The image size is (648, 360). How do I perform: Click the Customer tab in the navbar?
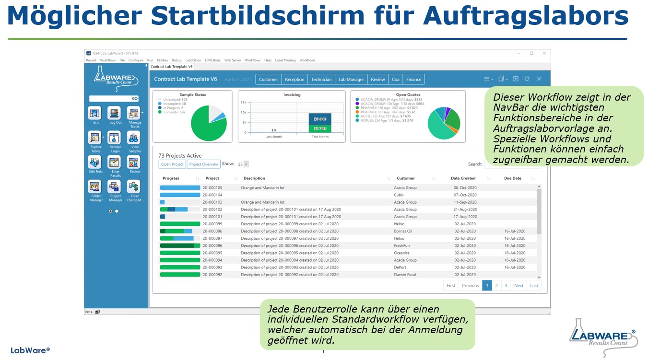(268, 80)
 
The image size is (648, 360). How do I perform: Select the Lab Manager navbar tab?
(351, 80)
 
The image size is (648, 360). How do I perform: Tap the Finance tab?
(413, 80)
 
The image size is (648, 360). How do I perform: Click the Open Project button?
(172, 164)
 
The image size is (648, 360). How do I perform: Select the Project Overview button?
(203, 164)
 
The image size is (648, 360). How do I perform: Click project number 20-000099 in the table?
(212, 224)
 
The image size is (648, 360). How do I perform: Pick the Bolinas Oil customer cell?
(403, 231)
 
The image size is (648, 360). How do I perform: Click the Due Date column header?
(512, 178)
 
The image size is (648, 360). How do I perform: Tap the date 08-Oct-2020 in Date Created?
(464, 188)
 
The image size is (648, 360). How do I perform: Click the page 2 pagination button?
(496, 286)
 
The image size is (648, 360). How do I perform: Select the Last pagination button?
(534, 286)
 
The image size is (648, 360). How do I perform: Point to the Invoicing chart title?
(292, 95)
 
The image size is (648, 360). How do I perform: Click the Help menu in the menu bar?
(268, 60)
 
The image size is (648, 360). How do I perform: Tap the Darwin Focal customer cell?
(405, 275)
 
